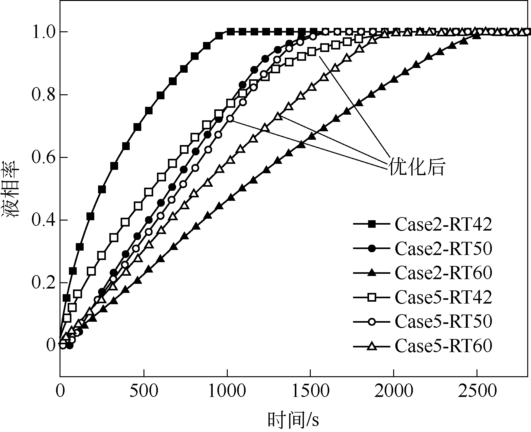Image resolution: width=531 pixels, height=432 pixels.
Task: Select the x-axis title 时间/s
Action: pyautogui.click(x=293, y=420)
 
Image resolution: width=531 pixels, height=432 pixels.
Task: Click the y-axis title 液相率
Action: pyautogui.click(x=12, y=189)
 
